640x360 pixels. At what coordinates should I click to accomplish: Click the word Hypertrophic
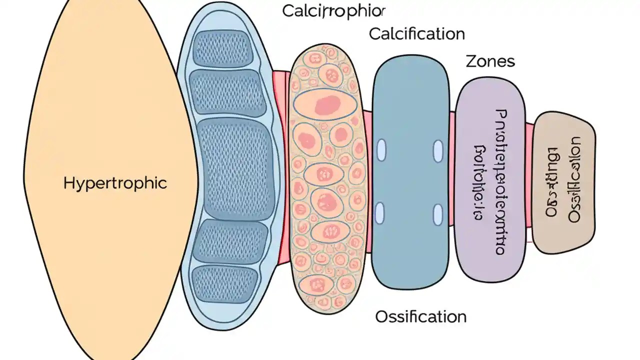115,183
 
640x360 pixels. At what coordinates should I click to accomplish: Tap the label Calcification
416,34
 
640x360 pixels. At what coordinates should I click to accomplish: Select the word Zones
490,62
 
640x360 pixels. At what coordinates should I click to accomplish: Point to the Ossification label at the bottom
420,316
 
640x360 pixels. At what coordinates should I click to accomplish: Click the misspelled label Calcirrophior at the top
334,11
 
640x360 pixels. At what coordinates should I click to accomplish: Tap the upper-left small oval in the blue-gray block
381,150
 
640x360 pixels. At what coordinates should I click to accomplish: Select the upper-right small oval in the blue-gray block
438,150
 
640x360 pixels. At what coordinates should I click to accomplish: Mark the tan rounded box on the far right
563,181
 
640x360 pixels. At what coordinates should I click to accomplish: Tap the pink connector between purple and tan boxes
529,182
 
